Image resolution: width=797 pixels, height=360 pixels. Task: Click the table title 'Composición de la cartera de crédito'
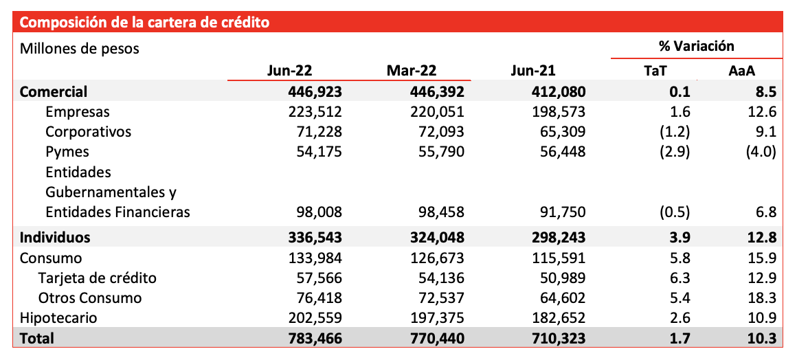144,23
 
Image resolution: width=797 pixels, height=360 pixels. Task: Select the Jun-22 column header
289,71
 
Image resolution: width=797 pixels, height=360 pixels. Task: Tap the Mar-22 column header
411,71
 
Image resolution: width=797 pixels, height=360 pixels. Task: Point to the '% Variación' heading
697,46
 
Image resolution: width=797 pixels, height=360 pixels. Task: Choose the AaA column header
742,71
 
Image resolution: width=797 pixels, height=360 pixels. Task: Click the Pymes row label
67,152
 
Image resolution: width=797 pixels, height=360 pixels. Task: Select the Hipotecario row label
58,318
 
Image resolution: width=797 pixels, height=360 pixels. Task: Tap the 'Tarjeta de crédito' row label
97,278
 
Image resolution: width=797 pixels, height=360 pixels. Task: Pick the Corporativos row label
89,132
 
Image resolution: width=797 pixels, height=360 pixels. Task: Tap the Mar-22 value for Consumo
437,258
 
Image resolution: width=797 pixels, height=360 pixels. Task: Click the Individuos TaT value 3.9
680,238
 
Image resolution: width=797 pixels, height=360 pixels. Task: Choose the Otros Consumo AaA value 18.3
763,298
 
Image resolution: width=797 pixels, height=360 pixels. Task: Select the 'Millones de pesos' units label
79,49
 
